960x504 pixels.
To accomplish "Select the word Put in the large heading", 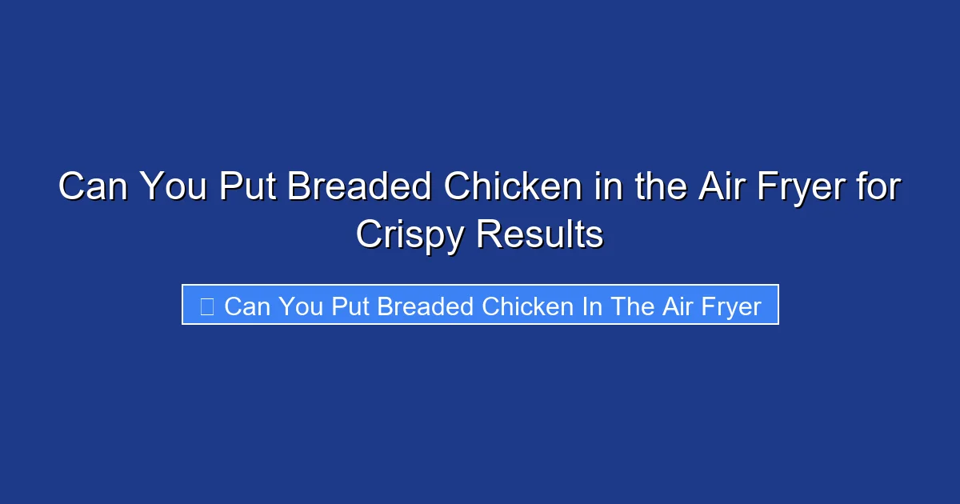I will point(249,188).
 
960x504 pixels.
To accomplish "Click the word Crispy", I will point(410,235).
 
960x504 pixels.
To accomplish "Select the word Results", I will point(540,234).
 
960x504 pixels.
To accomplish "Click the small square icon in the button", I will point(206,306).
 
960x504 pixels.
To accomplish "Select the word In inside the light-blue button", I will point(592,306).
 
